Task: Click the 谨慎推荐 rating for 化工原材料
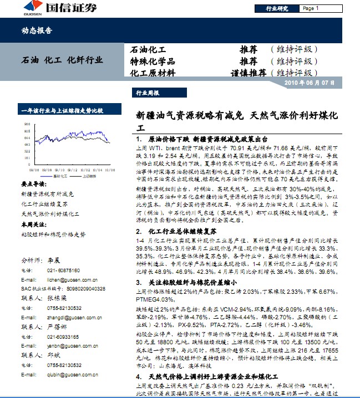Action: click(249, 73)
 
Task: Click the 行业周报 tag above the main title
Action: click(148, 94)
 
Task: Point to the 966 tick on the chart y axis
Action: click(27, 124)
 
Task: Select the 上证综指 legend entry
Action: click(88, 175)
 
